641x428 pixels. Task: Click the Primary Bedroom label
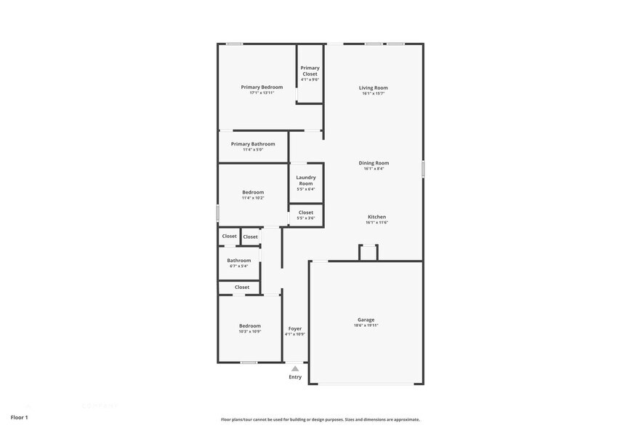[x=262, y=87]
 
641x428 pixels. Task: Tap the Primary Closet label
[x=310, y=71]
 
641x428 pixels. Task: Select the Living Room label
[x=373, y=88]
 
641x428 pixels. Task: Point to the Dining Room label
[x=374, y=163]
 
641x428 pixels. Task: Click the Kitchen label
[x=376, y=217]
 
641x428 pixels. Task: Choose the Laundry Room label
[x=306, y=180]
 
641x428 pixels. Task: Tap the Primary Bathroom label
[x=253, y=144]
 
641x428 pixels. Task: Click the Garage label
[x=366, y=320]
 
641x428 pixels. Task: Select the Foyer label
[x=294, y=329]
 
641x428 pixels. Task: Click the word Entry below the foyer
[x=295, y=377]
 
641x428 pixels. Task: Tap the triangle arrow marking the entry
[x=295, y=369]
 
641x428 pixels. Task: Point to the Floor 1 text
[x=19, y=417]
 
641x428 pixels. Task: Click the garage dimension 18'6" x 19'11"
[x=366, y=325]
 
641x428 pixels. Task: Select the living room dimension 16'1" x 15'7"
[x=373, y=94]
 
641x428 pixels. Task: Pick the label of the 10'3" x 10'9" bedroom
[x=250, y=326]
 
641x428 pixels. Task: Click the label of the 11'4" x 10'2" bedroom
[x=253, y=192]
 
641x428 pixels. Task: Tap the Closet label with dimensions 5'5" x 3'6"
[x=306, y=213]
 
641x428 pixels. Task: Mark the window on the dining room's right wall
[x=423, y=169]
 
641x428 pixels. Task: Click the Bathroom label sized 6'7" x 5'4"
[x=238, y=261]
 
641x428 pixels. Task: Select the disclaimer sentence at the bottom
[x=320, y=419]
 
